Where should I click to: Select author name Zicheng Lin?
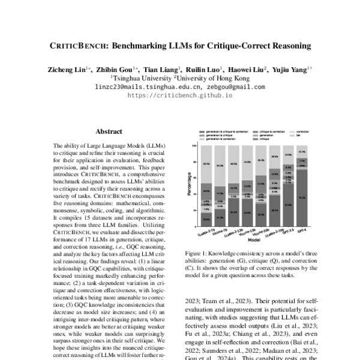65,70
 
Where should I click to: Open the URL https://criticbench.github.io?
179,95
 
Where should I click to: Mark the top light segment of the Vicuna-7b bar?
220,165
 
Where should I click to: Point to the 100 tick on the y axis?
194,145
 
